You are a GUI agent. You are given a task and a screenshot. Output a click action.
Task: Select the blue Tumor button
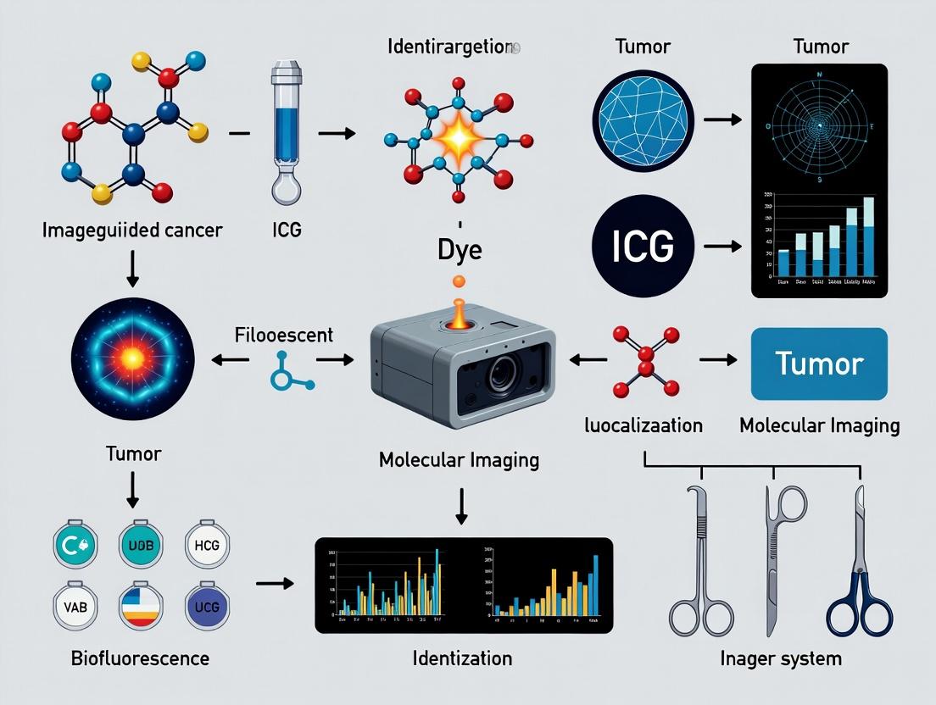point(819,364)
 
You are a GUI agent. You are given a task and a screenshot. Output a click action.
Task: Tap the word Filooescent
point(283,335)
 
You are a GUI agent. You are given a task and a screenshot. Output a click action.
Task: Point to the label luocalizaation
point(644,425)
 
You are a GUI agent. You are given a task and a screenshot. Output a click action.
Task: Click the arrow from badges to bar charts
point(274,583)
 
